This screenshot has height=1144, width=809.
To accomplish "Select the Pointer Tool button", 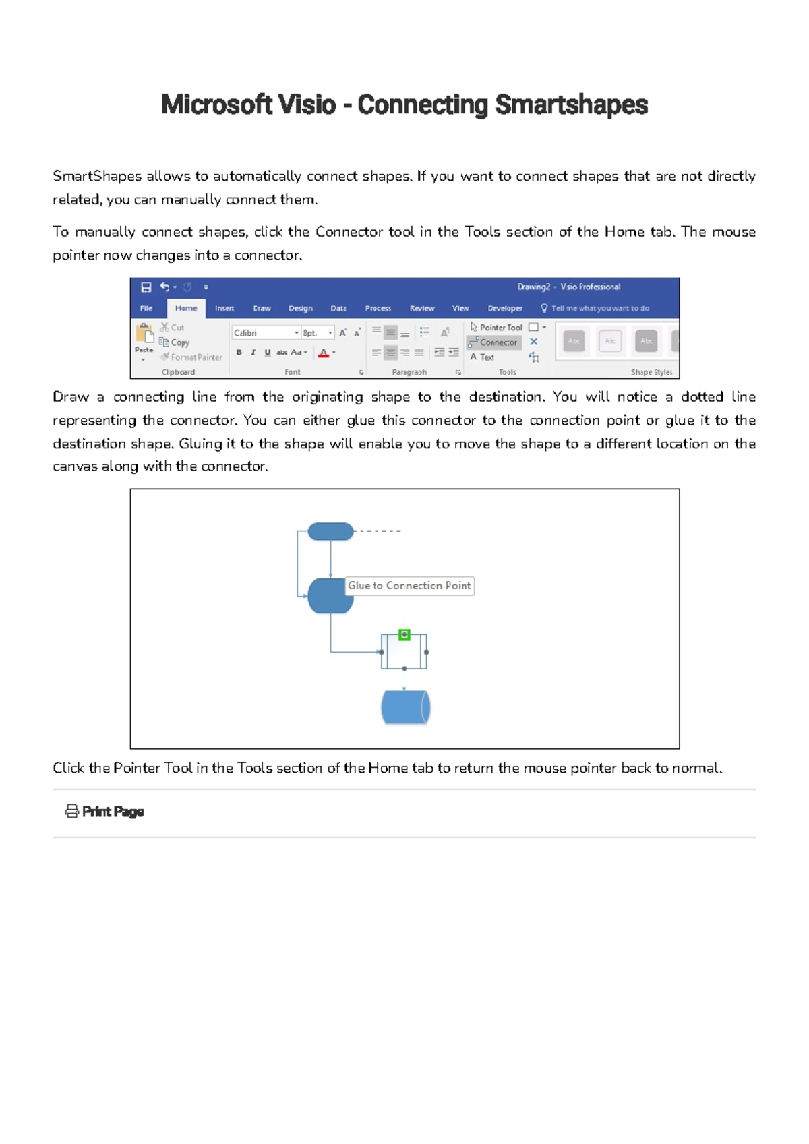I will coord(497,327).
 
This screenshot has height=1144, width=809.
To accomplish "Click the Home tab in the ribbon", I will coord(186,308).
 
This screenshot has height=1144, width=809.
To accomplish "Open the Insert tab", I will coord(224,308).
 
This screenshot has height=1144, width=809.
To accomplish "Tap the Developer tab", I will coord(505,308).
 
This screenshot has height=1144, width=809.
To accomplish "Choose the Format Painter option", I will coord(191,357).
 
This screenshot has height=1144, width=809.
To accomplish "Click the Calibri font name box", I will coord(263,333).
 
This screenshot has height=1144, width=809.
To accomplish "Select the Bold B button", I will coord(239,352).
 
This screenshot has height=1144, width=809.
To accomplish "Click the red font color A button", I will coord(324,352).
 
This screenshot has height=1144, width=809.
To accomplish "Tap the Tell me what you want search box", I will coord(599,308).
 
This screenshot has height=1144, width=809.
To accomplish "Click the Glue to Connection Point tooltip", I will coord(409,586).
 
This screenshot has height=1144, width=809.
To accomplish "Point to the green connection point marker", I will coord(404,634).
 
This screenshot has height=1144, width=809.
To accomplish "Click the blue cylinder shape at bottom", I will coord(405,707).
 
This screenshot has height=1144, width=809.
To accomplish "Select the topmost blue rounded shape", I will coord(330,531).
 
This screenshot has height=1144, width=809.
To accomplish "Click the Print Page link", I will coord(113,812).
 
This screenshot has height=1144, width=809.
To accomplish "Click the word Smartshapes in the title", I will coord(571,105).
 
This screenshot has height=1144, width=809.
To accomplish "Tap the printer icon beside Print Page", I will coord(71,812).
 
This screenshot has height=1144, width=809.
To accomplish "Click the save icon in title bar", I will coord(146,287).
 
